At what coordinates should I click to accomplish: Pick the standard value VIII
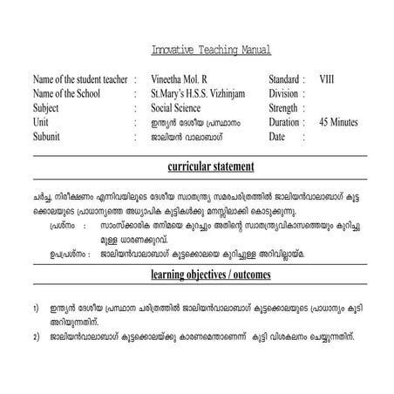pyautogui.click(x=327, y=78)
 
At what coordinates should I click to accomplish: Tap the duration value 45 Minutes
pyautogui.click(x=338, y=123)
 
